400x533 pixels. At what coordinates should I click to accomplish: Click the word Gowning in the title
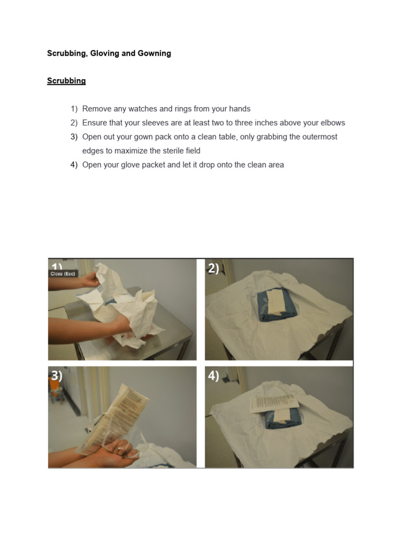(154, 53)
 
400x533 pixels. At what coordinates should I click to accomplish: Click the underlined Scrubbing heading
(66, 81)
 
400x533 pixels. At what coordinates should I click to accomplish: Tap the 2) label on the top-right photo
(214, 269)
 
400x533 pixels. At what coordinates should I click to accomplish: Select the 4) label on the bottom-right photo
(214, 376)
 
